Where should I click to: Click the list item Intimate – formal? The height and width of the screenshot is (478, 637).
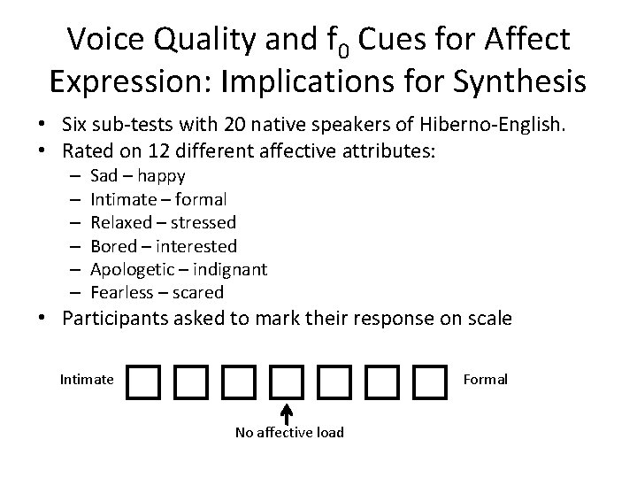click(158, 199)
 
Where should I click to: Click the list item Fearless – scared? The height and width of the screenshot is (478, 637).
click(157, 291)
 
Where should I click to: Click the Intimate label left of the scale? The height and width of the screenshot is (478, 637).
click(86, 380)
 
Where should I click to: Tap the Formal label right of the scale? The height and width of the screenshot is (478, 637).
click(486, 380)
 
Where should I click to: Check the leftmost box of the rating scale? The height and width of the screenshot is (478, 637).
click(141, 382)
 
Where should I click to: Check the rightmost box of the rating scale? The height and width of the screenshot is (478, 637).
click(430, 382)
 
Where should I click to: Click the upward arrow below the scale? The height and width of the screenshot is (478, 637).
click(287, 412)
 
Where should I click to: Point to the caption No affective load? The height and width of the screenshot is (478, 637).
click(288, 432)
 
